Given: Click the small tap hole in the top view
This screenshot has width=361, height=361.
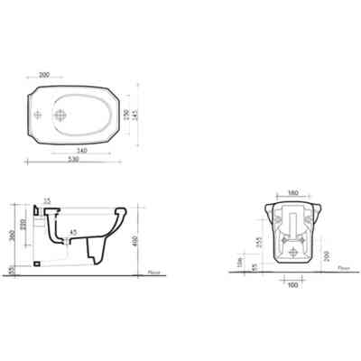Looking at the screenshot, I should [x=37, y=116].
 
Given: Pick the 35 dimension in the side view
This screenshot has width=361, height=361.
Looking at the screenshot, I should [x=46, y=200].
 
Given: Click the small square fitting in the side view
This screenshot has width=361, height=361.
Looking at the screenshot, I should [x=39, y=261].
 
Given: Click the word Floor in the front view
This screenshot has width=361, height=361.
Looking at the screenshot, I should [x=342, y=267].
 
